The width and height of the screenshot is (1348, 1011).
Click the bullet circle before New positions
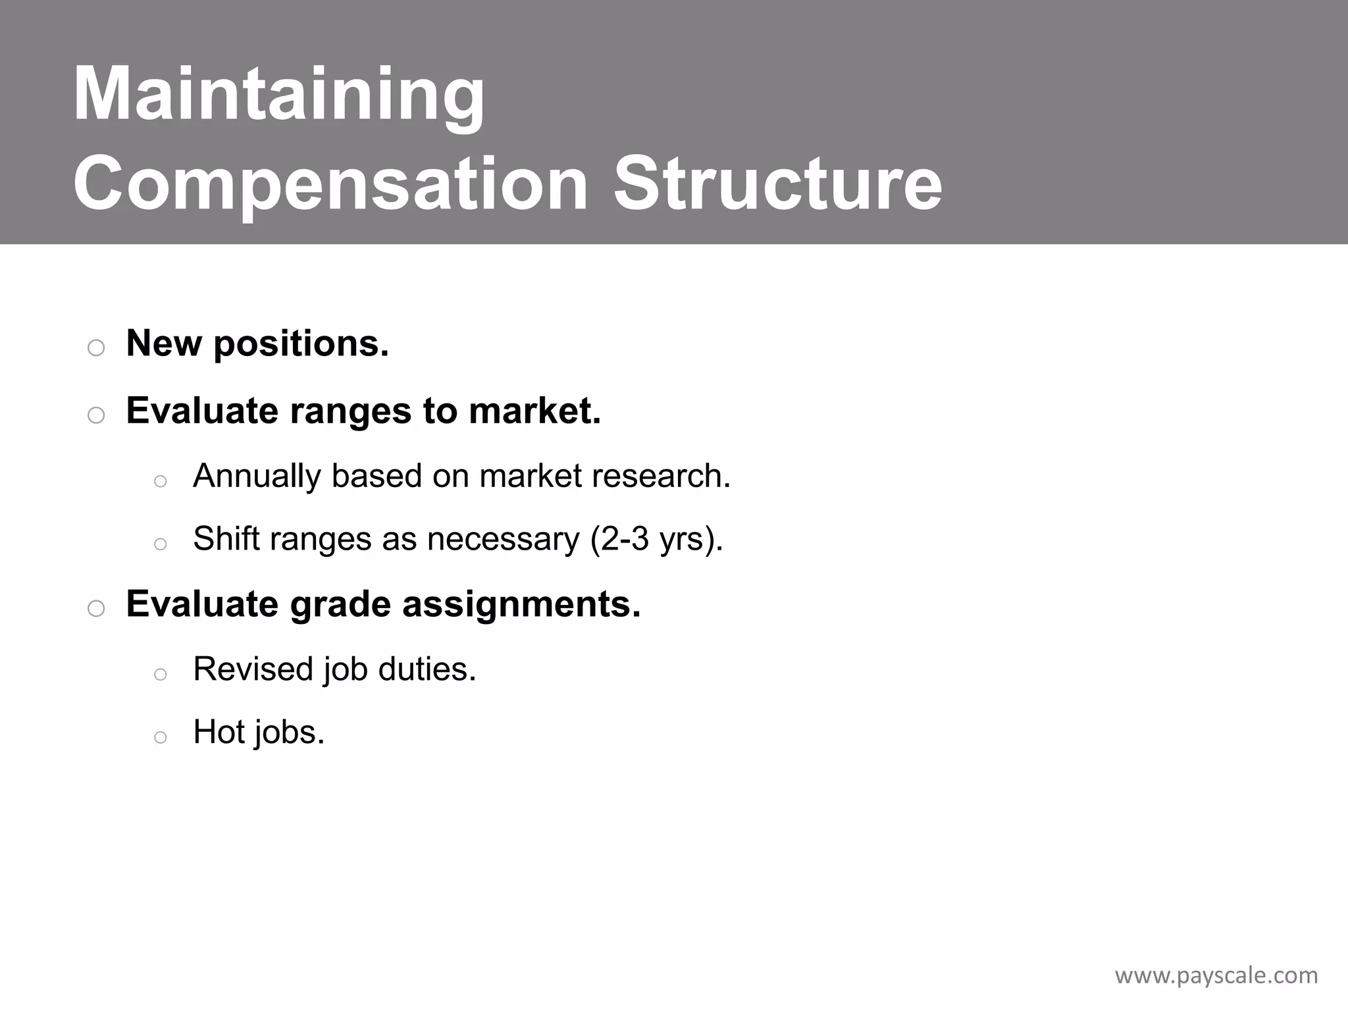[96, 348]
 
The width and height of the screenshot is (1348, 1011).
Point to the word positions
[301, 344]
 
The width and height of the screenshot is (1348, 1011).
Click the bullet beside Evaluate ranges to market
[96, 415]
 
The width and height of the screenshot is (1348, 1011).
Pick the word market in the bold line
[534, 411]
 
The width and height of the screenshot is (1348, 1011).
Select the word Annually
[257, 476]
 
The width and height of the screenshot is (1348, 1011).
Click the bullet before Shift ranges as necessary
[160, 544]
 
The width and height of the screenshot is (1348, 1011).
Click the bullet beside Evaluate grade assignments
[96, 608]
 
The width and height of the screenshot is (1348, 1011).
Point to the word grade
[340, 604]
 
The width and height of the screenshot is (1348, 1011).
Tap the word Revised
[253, 669]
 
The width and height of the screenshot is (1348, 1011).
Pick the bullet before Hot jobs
[160, 737]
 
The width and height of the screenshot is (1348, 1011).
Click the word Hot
[219, 732]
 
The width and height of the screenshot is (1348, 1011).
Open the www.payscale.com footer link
[1216, 975]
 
